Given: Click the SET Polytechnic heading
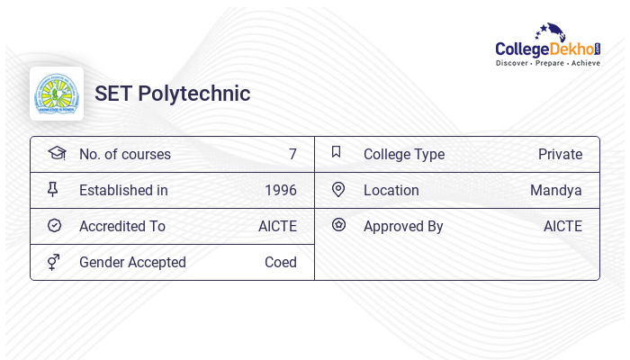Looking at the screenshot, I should point(173,94).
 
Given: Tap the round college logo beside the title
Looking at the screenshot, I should point(57,94).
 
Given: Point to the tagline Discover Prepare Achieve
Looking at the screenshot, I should point(548,64).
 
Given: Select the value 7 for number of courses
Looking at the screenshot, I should point(292,155).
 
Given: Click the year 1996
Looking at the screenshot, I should point(281,191).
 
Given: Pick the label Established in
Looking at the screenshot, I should point(123,191).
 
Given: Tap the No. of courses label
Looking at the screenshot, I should point(125,155).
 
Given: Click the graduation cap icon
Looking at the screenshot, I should point(56,154).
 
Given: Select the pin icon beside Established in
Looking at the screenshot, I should point(53,190).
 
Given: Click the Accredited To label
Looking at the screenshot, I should point(122,227).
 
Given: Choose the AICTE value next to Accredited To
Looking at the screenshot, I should point(277,227).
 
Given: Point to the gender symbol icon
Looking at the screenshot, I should point(54,262).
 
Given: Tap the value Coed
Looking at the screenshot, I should point(281,263).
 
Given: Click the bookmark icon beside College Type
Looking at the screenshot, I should point(337,153).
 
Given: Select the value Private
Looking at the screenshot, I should point(560,155).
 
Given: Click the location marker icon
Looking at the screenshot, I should point(338,190).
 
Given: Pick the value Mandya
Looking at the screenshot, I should point(556,191).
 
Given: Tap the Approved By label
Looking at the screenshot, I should point(403,227).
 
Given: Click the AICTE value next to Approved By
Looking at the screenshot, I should point(562,227).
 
